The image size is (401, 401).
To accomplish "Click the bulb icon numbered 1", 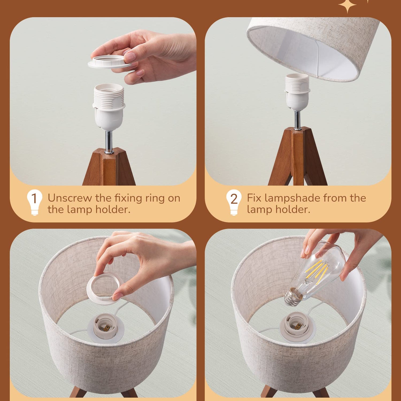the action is tap(34, 202).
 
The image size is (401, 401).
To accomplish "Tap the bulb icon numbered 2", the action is tap(234, 202).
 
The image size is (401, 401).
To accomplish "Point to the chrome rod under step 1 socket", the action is tap(109, 142).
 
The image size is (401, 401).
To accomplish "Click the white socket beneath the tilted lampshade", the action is tap(297, 92).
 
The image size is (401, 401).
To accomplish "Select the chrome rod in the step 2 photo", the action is tap(297, 120).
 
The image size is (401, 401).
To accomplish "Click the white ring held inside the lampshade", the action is tap(105, 286).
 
